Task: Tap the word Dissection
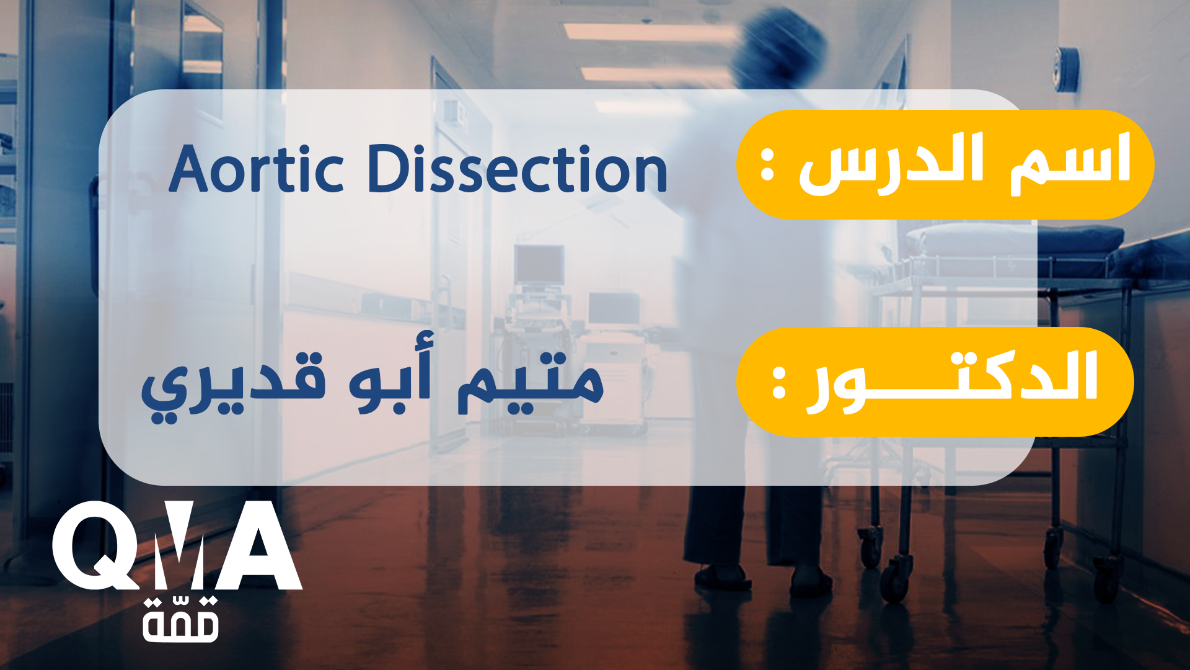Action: click(x=518, y=169)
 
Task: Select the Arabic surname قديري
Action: click(x=233, y=386)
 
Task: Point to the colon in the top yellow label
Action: click(x=767, y=165)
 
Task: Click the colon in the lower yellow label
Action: click(x=779, y=382)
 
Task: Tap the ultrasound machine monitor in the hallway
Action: click(x=539, y=264)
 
